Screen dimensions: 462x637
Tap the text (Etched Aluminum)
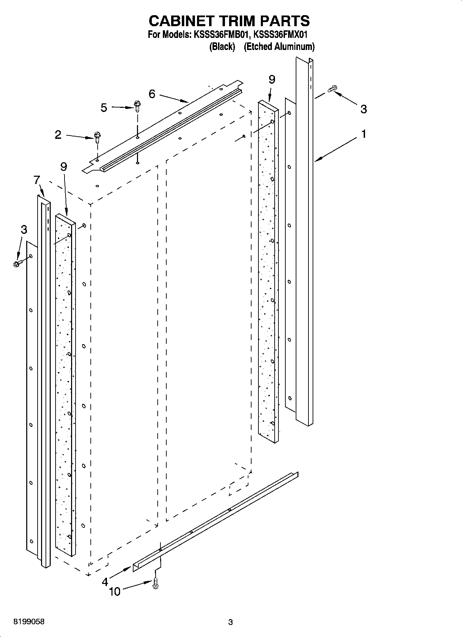pyautogui.click(x=279, y=47)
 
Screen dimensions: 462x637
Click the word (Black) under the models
pyautogui.click(x=222, y=47)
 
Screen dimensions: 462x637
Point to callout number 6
pyautogui.click(x=152, y=94)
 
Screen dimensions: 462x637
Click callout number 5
pyautogui.click(x=104, y=108)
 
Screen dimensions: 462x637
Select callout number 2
pyautogui.click(x=58, y=135)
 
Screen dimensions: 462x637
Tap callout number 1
pyautogui.click(x=363, y=134)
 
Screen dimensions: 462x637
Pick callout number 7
pyautogui.click(x=37, y=180)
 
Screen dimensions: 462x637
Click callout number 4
pyautogui.click(x=105, y=582)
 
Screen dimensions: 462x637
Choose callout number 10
pyautogui.click(x=115, y=592)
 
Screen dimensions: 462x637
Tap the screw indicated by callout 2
pyautogui.click(x=97, y=137)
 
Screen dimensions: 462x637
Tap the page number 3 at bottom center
pyautogui.click(x=230, y=622)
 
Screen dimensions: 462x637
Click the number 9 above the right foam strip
pyautogui.click(x=272, y=80)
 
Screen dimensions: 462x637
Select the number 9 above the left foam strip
pyautogui.click(x=63, y=166)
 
